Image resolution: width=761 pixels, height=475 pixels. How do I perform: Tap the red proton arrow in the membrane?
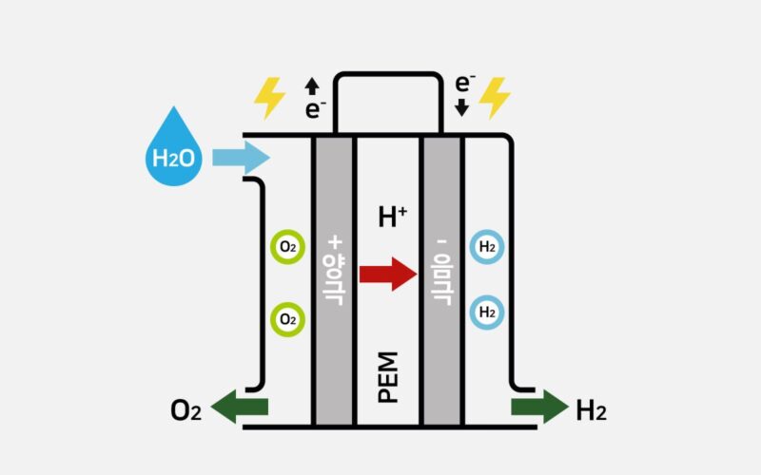388,274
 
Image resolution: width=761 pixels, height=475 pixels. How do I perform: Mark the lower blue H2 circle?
487,311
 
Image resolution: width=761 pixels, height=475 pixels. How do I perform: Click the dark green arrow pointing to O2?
239,408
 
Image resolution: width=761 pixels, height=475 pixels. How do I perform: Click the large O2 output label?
185,410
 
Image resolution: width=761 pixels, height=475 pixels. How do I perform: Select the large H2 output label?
591,410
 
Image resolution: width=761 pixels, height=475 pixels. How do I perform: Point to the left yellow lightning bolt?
269,98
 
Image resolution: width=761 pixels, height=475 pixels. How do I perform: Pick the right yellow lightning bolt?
495,97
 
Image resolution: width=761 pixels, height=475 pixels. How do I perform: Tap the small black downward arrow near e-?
463,109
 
